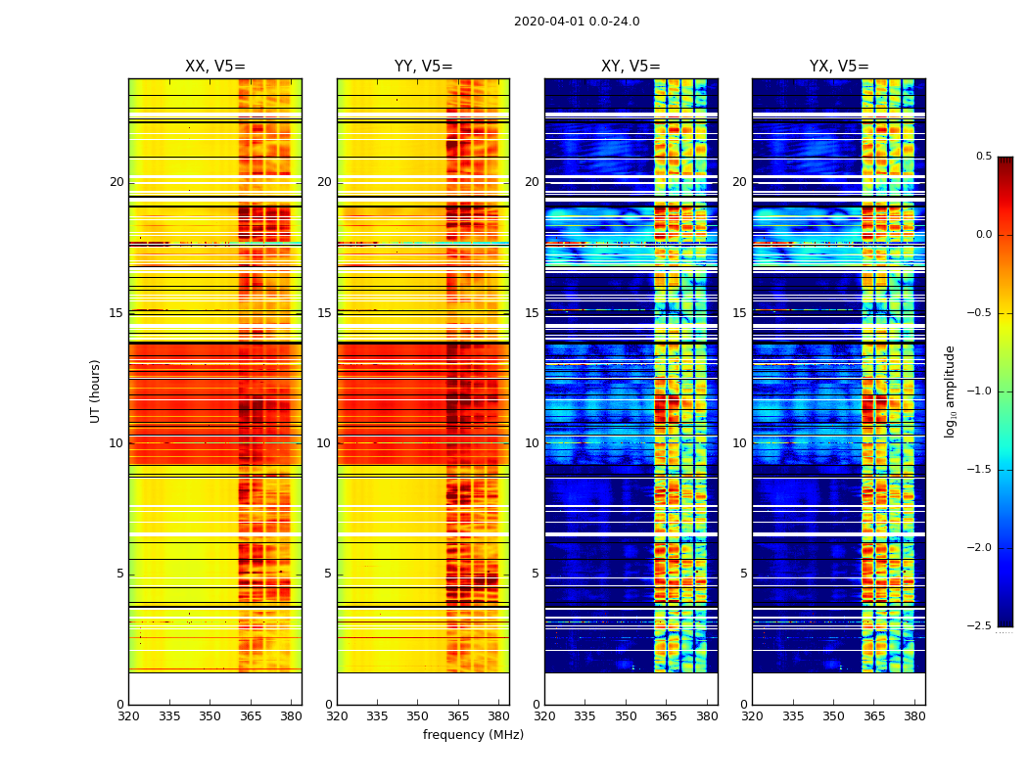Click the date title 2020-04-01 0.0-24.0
tap(577, 22)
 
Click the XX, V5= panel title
tap(215, 67)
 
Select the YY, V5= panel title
tap(423, 67)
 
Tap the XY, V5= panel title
tap(631, 67)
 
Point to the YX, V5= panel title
tap(838, 67)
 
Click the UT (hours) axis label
tap(96, 391)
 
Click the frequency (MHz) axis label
tap(473, 735)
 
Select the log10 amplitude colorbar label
tap(950, 391)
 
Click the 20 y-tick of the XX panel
tap(117, 182)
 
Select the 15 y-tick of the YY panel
tap(324, 313)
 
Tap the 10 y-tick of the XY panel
tap(532, 443)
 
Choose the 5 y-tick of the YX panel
tap(743, 574)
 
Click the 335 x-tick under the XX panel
tap(169, 716)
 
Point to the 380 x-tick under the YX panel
tap(914, 716)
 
